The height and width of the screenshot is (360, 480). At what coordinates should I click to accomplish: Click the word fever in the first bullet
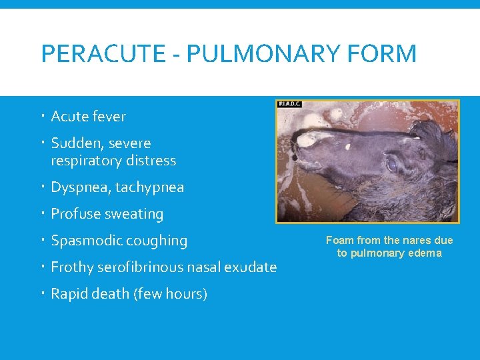(109, 117)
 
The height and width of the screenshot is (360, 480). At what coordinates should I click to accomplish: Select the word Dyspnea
(79, 187)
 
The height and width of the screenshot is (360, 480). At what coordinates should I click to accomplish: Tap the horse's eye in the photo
(393, 163)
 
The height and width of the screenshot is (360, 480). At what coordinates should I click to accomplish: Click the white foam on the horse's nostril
(309, 140)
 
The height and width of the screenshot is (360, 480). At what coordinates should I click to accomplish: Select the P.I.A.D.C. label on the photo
(291, 105)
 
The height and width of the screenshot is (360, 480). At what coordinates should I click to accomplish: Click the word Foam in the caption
(339, 240)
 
